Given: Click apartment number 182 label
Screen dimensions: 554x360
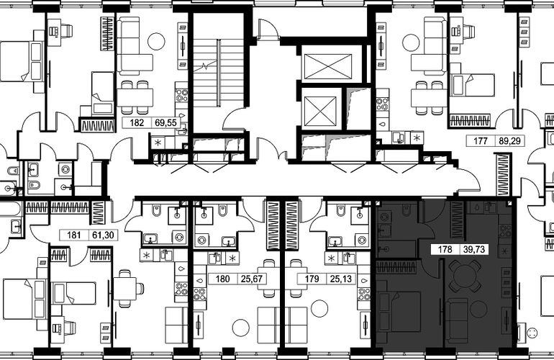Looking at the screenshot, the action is (137, 122).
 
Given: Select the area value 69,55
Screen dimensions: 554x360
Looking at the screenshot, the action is (165, 122).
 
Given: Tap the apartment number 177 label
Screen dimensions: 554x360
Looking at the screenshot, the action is (481, 140).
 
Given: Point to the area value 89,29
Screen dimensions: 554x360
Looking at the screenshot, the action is (509, 140).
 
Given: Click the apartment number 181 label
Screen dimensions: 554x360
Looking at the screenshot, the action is (74, 235).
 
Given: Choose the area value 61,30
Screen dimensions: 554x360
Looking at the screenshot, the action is (103, 235).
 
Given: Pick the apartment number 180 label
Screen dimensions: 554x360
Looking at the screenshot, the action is (222, 279).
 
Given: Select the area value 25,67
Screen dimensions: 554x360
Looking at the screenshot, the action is (252, 279).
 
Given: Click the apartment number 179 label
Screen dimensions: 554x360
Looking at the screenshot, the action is (312, 279).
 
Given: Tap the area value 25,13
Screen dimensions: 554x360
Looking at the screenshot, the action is (341, 279).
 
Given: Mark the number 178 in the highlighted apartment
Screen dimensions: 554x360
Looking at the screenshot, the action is (445, 250).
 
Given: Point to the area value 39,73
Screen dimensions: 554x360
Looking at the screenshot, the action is (474, 250).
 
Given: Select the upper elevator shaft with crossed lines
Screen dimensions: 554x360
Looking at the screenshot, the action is (328, 66).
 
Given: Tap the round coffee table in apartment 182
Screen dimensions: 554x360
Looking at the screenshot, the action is (156, 41).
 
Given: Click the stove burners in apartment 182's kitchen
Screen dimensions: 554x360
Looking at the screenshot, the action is (182, 96).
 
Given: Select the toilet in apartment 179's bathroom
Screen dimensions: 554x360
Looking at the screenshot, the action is (340, 210).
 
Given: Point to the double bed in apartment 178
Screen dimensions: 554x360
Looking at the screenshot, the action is (399, 311).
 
